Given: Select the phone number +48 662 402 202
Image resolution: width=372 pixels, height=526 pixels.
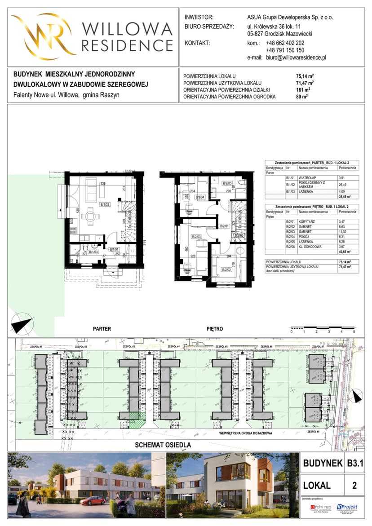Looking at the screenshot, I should coord(285,43).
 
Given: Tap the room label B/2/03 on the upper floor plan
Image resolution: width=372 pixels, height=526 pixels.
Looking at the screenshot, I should coord(196,237).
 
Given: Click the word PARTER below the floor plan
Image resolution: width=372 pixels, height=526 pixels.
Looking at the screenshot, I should coord(102,329).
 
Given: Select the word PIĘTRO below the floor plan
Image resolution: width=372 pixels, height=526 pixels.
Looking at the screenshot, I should coord(215,329).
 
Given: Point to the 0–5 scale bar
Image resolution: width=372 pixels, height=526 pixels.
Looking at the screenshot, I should coord(323,327).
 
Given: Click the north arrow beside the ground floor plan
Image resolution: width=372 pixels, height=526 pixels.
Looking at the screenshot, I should coord(22,324).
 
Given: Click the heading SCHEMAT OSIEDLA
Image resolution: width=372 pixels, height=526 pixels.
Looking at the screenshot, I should coord(164,445).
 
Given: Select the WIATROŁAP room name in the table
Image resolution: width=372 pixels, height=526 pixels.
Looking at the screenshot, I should coord(308,178).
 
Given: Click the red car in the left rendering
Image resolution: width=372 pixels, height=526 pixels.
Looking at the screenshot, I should coord(93,500).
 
